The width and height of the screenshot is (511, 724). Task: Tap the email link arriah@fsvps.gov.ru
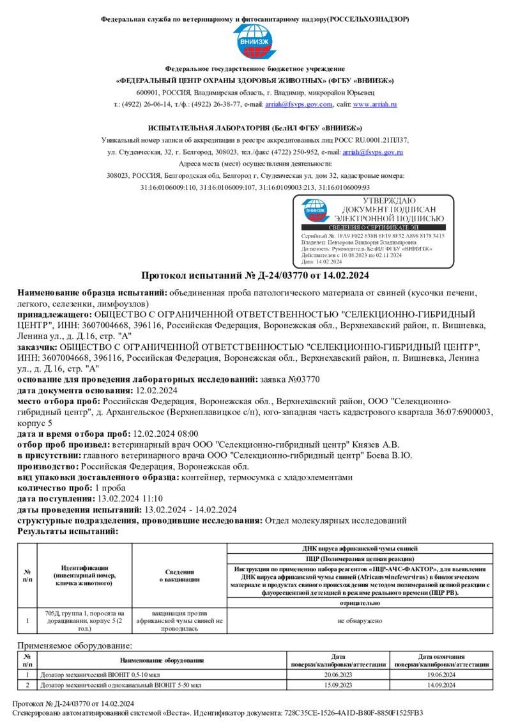[x=373, y=152]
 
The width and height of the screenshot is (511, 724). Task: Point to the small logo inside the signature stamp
[x=315, y=210]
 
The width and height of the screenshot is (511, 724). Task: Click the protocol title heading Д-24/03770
[x=255, y=276]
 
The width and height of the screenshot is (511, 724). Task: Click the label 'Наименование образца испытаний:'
[x=92, y=293]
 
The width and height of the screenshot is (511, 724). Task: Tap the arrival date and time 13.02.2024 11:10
[x=130, y=498]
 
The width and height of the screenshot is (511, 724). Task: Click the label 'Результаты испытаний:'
[x=67, y=531]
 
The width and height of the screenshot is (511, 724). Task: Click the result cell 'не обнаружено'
[x=360, y=620]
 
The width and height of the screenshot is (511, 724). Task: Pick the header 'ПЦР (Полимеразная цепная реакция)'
[x=360, y=558]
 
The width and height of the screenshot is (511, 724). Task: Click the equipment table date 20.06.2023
[x=339, y=675]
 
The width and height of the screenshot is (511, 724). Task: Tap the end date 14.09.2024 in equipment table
[x=441, y=685]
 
